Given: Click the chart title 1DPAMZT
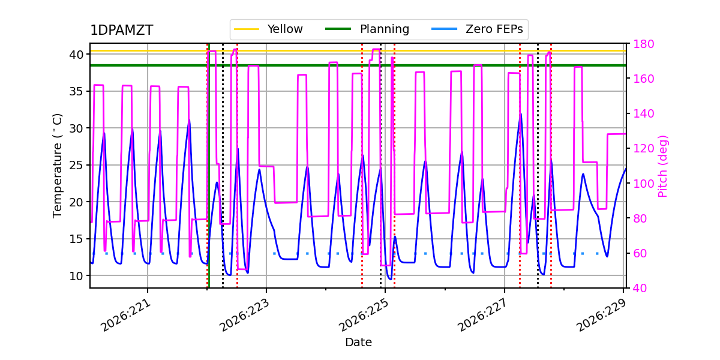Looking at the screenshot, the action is [x=121, y=30].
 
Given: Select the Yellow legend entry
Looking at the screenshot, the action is [x=268, y=29].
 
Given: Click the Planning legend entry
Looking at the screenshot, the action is [x=367, y=29].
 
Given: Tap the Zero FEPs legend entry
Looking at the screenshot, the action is [x=477, y=29].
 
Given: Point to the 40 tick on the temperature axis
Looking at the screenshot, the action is [x=76, y=55].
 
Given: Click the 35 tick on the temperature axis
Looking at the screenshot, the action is [x=76, y=92].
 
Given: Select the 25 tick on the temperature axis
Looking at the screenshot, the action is [x=76, y=165].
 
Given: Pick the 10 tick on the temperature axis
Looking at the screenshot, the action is [x=76, y=276].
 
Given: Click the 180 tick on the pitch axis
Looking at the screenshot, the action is [x=643, y=44].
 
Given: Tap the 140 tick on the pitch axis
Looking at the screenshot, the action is [x=643, y=113].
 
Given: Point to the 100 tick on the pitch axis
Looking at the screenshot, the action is [x=643, y=184].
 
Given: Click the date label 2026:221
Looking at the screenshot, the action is [x=125, y=315].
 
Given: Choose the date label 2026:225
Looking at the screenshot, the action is [x=364, y=315].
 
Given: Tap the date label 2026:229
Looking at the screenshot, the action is [x=601, y=315].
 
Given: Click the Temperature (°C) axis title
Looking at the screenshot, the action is [x=57, y=166].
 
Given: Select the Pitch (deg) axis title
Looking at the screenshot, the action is [x=663, y=167].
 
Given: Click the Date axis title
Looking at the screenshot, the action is [x=358, y=343].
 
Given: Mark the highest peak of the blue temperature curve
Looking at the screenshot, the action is [x=521, y=114].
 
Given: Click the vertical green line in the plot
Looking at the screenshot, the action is [x=209, y=165].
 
